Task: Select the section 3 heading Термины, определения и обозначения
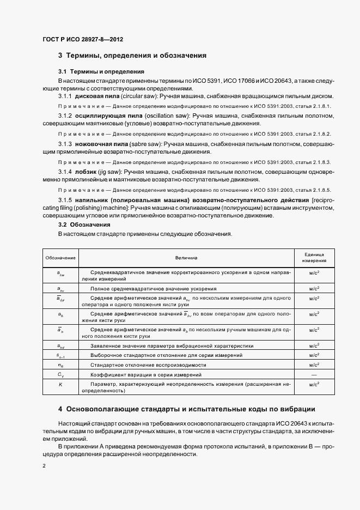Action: (x=132, y=56)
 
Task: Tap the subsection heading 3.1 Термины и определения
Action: (x=101, y=71)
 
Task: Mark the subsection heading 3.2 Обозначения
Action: (x=84, y=224)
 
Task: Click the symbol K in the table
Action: (x=60, y=385)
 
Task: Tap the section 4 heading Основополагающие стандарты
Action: (x=186, y=409)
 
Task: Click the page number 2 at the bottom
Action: (x=44, y=466)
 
